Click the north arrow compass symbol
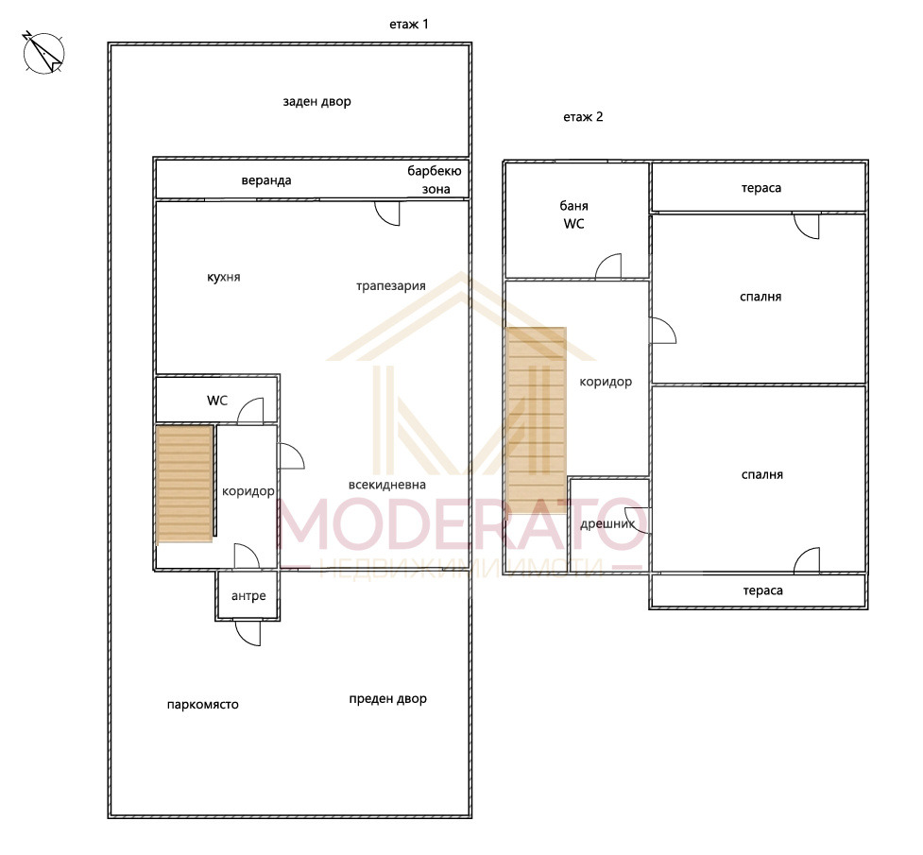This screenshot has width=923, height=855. (x=43, y=52)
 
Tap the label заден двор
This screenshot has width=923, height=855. (x=316, y=101)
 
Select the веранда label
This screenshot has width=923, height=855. (x=266, y=180)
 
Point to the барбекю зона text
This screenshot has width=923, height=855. (x=435, y=180)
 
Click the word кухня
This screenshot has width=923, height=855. (x=224, y=277)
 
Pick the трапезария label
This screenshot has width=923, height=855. (x=391, y=286)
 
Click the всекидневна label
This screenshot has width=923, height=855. (x=386, y=485)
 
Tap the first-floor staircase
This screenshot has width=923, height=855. (x=185, y=484)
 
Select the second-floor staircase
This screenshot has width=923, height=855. (x=536, y=419)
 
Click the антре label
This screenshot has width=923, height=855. (x=248, y=596)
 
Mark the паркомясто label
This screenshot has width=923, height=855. (x=202, y=705)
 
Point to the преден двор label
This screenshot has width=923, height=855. (x=388, y=699)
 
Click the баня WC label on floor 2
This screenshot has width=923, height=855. (x=574, y=214)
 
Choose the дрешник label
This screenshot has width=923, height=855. (x=607, y=524)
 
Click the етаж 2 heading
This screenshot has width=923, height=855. (x=583, y=116)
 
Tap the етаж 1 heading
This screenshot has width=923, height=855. (x=408, y=25)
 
